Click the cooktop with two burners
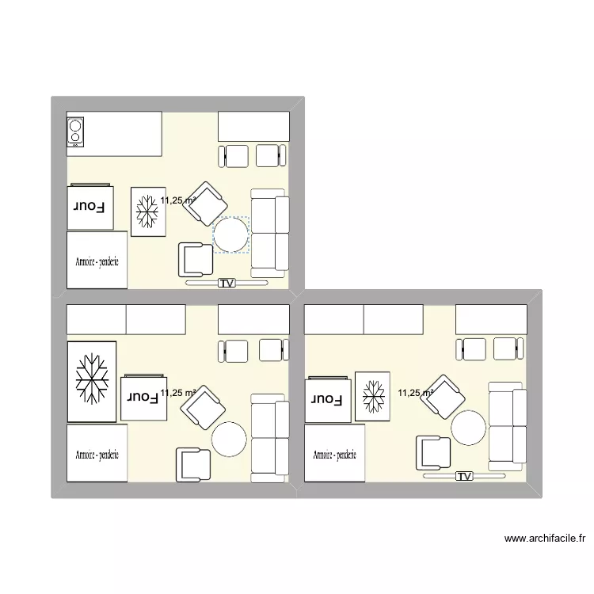(x=75, y=132)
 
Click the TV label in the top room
(x=227, y=282)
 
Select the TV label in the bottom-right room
(x=464, y=476)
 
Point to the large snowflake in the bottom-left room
(x=91, y=381)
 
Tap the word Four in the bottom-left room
(x=143, y=396)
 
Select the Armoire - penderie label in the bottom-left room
(x=97, y=455)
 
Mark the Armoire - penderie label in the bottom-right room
(x=334, y=455)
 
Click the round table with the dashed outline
(x=231, y=234)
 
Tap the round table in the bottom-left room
(x=228, y=439)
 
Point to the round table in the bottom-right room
(x=468, y=428)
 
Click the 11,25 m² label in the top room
(x=177, y=200)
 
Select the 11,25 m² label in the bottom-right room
(x=416, y=392)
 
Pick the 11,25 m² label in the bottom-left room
(x=177, y=392)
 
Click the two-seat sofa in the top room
(x=268, y=233)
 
